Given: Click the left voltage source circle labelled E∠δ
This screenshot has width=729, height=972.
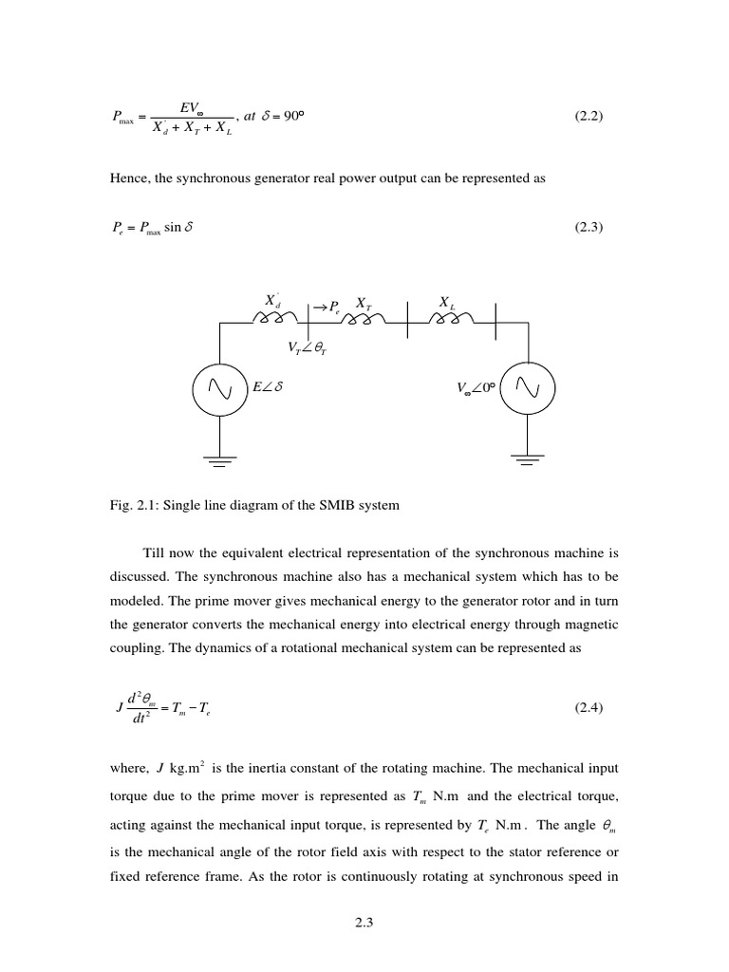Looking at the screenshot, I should [220, 387].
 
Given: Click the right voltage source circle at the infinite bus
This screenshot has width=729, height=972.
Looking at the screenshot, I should [527, 387].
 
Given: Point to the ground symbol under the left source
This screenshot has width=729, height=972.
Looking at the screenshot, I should [220, 461].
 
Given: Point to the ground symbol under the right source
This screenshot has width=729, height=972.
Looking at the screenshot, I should [527, 461].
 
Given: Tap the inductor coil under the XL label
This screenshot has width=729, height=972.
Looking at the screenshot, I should [450, 320].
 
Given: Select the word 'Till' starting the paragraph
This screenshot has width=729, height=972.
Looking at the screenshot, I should [154, 551].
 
